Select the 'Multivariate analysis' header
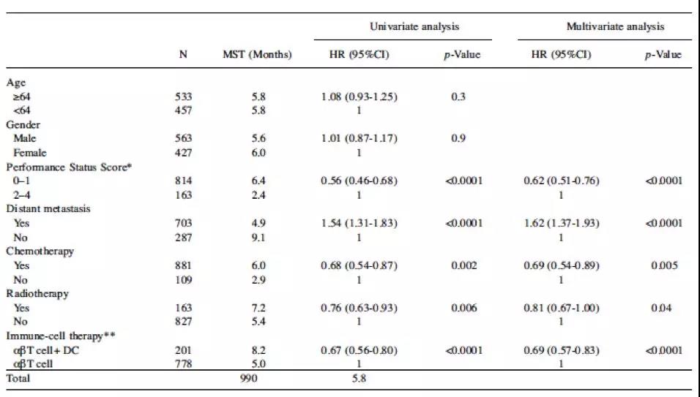pos(615,27)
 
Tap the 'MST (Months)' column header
pos(256,55)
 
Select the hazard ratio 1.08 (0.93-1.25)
pos(359,97)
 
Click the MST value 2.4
pos(256,194)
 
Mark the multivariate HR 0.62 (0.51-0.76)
pos(562,181)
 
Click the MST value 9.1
pos(256,237)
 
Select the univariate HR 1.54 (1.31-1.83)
pos(359,223)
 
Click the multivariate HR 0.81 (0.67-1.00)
pos(562,307)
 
